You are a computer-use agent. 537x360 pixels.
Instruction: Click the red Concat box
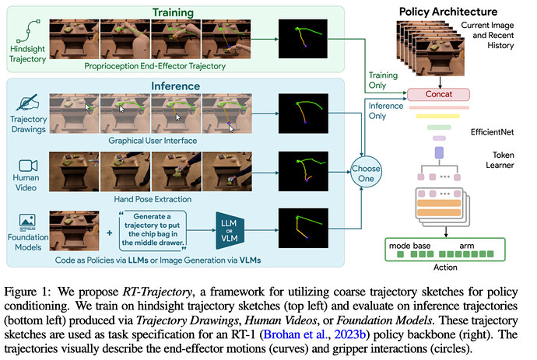(438, 94)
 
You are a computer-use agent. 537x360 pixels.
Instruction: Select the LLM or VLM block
(230, 230)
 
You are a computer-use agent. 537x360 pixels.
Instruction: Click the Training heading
(173, 12)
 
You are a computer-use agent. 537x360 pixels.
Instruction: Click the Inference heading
(175, 86)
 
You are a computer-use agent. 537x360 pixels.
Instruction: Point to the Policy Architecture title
(448, 12)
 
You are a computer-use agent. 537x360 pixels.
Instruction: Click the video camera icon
(28, 166)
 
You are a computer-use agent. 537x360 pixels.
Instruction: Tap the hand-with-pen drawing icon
(27, 102)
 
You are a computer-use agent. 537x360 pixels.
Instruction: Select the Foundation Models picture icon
(27, 222)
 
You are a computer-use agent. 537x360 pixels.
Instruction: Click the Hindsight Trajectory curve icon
(28, 31)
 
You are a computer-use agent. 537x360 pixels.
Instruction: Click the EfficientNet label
(492, 132)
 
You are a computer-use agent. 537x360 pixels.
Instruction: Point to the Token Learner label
(500, 160)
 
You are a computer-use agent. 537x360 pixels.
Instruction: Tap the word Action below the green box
(445, 267)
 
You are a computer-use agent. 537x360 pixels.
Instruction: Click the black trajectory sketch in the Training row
(303, 39)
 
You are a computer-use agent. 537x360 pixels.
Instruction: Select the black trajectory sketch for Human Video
(303, 171)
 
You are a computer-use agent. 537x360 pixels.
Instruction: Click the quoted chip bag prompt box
(153, 229)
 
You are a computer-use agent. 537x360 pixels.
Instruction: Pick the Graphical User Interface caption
(153, 141)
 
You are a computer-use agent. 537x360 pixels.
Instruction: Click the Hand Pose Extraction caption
(153, 199)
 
